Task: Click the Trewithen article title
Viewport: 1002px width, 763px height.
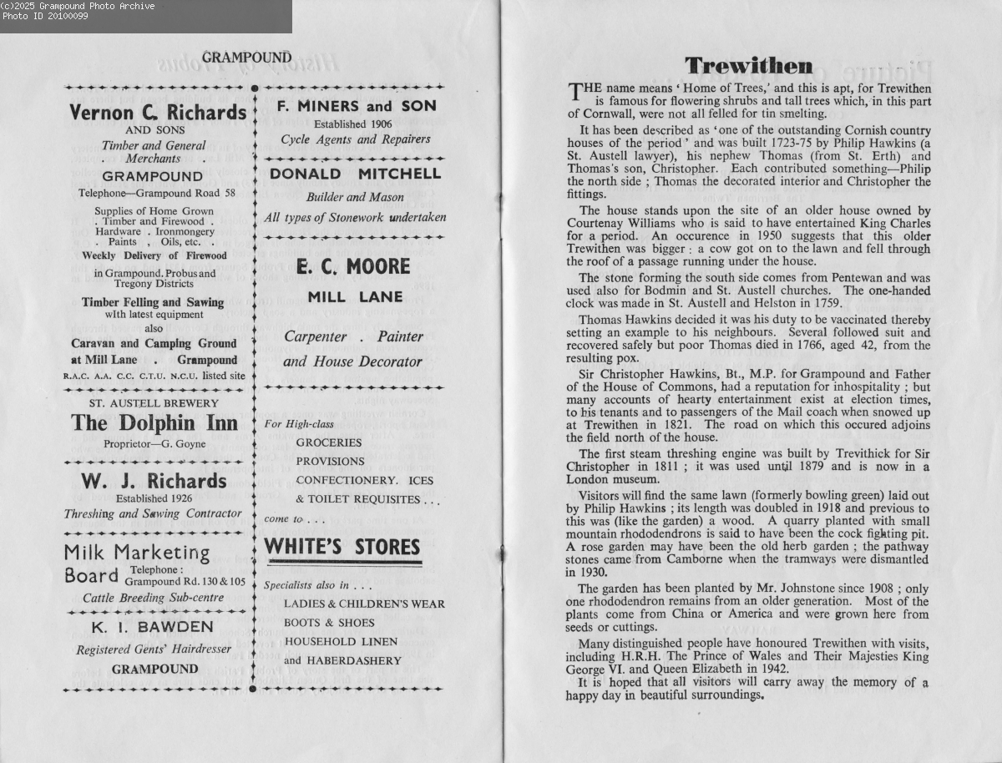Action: [748, 66]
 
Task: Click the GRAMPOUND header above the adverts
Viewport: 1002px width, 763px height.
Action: [246, 58]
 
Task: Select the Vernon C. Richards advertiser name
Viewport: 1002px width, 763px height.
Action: [158, 112]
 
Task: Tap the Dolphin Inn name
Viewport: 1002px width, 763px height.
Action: [154, 423]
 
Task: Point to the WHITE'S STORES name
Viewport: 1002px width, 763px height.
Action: [342, 548]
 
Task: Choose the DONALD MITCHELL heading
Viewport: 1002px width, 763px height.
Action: [355, 174]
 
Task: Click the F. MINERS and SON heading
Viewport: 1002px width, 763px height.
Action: [356, 107]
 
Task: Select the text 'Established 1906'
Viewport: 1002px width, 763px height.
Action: [352, 124]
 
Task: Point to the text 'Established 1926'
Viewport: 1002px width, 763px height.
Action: [154, 498]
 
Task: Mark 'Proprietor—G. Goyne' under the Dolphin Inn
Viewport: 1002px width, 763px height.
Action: [154, 443]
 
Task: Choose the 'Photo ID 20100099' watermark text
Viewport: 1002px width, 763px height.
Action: [45, 17]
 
